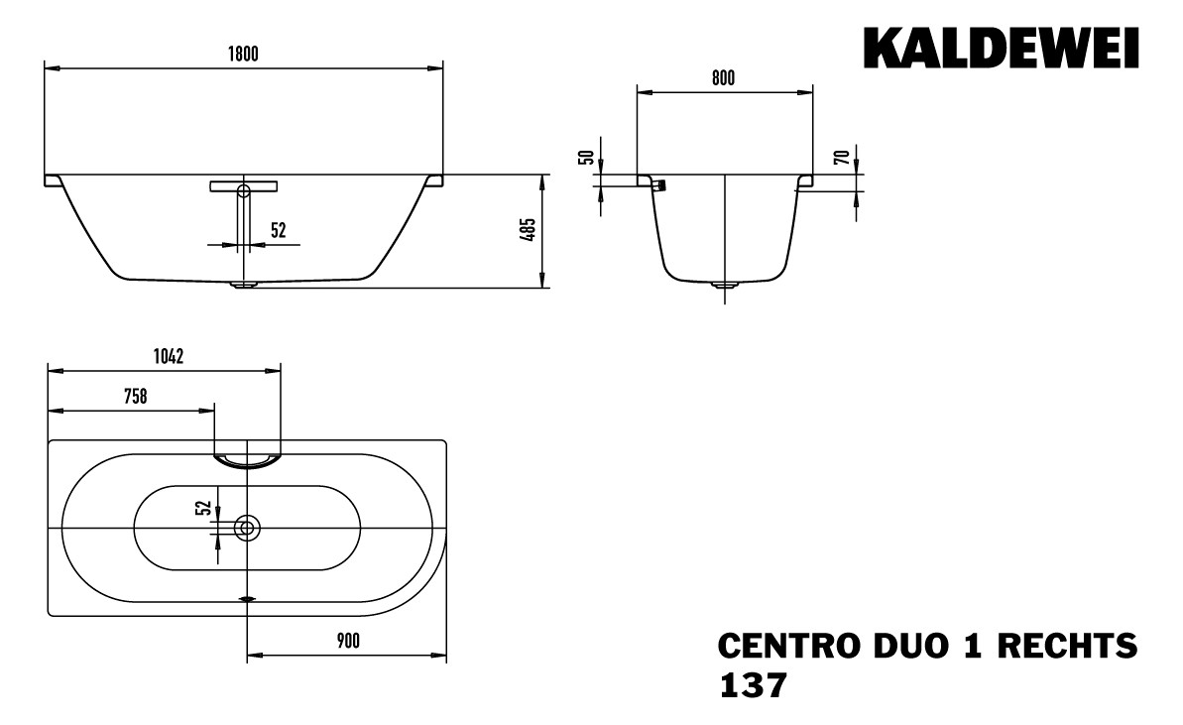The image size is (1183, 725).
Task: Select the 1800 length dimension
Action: (x=243, y=55)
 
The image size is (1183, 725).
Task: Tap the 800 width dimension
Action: (x=723, y=79)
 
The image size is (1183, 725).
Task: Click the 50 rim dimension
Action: (x=586, y=157)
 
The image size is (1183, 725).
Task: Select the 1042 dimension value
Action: (x=168, y=356)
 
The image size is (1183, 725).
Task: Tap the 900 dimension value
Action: (x=346, y=642)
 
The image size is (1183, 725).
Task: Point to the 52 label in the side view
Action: (x=278, y=230)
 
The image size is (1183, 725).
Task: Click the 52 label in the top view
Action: (x=203, y=508)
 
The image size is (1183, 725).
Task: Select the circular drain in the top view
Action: (x=246, y=529)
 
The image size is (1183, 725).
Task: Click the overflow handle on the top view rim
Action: (x=247, y=457)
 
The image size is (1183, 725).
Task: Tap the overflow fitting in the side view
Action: (x=244, y=186)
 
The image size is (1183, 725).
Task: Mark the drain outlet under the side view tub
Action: (x=244, y=285)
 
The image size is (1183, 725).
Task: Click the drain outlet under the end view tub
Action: (x=724, y=287)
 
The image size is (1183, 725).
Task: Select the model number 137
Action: (x=751, y=685)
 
